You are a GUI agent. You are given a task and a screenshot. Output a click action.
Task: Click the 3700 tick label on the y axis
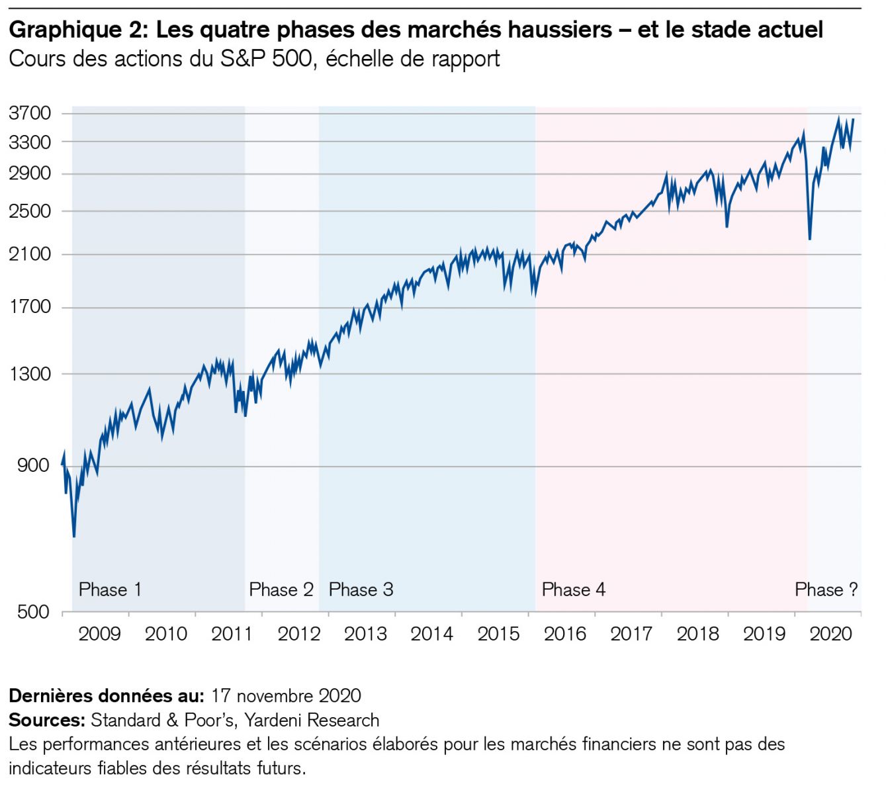click(30, 113)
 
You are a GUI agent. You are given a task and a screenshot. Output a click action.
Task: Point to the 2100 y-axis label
click(30, 254)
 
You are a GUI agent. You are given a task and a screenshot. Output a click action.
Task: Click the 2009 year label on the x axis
click(99, 634)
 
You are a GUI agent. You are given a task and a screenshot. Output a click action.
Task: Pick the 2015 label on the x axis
click(498, 634)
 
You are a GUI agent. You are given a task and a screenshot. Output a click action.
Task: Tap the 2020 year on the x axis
click(830, 634)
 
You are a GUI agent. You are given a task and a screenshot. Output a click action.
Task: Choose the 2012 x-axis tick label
click(298, 634)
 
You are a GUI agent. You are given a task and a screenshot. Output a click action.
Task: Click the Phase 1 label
click(110, 590)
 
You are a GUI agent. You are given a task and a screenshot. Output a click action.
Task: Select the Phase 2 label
click(281, 590)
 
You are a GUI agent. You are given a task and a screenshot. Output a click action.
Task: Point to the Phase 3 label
click(361, 590)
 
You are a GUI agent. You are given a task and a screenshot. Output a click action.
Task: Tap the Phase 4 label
click(573, 590)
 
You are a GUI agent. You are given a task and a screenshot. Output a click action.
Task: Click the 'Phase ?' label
click(826, 590)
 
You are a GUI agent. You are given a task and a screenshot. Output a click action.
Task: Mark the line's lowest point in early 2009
click(74, 536)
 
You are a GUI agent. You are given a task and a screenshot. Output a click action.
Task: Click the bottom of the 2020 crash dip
click(810, 239)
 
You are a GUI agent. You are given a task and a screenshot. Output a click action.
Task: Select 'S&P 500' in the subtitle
click(266, 59)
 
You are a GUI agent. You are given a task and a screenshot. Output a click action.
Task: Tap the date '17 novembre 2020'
click(286, 696)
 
